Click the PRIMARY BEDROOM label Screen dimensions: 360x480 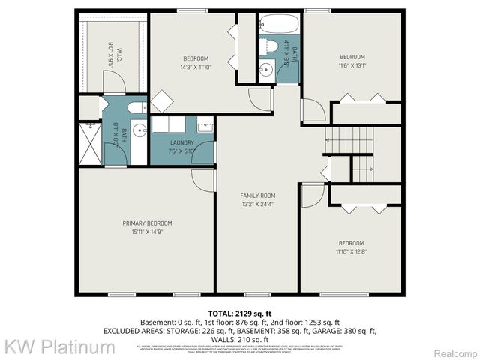click(x=147, y=223)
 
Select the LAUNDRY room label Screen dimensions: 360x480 click(x=182, y=142)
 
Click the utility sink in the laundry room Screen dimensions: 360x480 click(x=204, y=124)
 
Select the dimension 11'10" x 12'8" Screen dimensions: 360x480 click(x=351, y=251)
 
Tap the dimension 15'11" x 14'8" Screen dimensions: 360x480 click(x=147, y=232)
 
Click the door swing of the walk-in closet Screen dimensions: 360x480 click(x=114, y=85)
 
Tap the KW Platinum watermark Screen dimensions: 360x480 click(x=60, y=346)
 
